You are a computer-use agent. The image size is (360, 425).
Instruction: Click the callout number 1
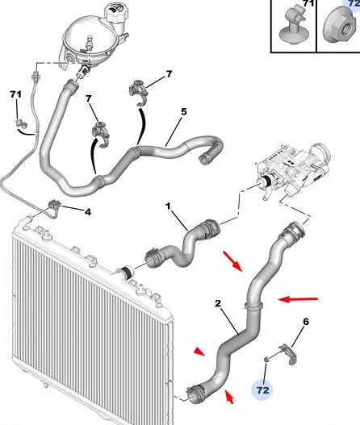[x=168, y=206]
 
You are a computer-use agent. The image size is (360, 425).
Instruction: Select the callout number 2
[x=218, y=303]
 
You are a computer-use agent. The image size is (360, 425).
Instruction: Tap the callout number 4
[x=88, y=212]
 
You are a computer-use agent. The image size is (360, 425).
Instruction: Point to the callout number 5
[x=184, y=111]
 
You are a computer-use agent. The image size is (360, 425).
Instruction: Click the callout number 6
[x=306, y=322]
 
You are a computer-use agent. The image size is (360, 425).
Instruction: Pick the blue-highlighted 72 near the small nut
[x=262, y=390]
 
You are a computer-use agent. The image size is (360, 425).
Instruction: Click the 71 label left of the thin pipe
[x=15, y=94]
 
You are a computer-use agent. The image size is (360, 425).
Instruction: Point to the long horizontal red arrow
[x=298, y=299]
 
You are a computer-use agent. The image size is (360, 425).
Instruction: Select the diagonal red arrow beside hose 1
[x=232, y=261]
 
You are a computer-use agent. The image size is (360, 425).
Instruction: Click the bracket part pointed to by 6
[x=288, y=354]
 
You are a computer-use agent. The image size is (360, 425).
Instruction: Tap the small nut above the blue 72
[x=266, y=360]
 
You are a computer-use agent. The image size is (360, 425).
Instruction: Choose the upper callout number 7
[x=169, y=74]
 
